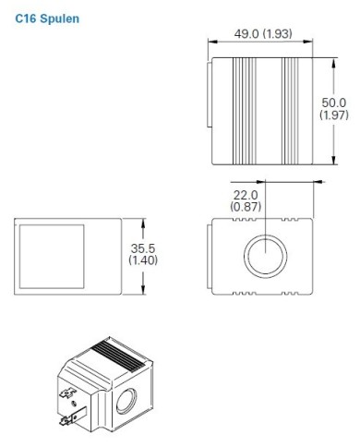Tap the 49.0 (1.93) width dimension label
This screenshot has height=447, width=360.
tap(264, 35)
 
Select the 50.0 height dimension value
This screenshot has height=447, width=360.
tap(333, 103)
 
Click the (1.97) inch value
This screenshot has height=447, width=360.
tap(333, 116)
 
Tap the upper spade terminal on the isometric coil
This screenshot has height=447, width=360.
tap(68, 399)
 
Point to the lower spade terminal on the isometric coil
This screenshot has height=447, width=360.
tap(66, 424)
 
